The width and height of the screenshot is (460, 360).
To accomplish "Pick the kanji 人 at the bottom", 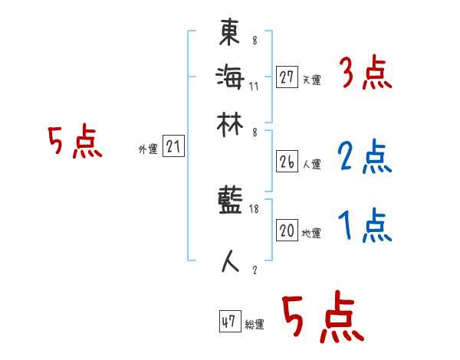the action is coord(230,260).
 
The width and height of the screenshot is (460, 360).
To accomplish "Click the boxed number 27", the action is coord(287,77).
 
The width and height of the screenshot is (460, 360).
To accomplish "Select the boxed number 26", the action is coord(287,162).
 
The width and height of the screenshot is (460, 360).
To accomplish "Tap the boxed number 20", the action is coord(287,231).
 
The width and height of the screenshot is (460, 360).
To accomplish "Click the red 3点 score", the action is coord(365,74).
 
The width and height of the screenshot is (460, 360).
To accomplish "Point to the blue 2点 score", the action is coord(364,157).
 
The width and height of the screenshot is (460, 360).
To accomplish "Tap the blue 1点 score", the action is coord(365,226).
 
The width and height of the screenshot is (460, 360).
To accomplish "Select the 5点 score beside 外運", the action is coord(74,143).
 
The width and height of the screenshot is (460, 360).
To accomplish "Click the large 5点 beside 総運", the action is coord(322,319).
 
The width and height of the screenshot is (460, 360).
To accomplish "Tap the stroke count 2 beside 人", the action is coord(255,268).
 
